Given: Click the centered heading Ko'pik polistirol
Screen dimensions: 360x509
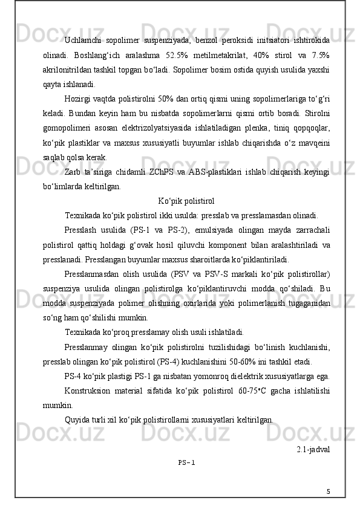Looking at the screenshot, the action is pyautogui.click(x=185, y=201).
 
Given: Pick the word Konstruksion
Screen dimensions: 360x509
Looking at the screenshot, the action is pyautogui.click(x=87, y=391).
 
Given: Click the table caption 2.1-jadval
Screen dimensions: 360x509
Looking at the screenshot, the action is pyautogui.click(x=313, y=450).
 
